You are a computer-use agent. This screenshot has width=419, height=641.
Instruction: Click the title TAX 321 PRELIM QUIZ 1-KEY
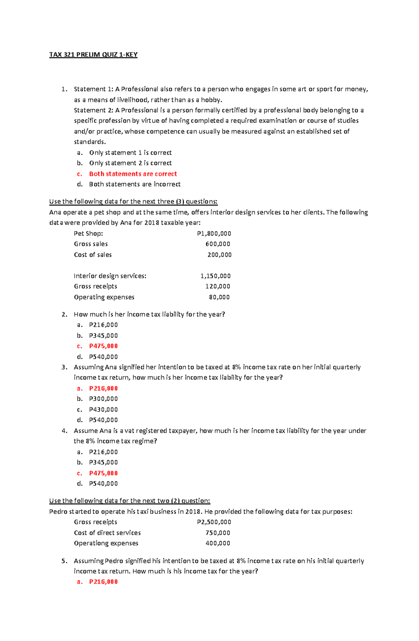[x=93, y=54]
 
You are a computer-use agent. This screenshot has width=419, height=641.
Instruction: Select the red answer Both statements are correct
[x=133, y=174]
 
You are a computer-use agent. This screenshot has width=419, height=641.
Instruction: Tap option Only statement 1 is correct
[x=130, y=153]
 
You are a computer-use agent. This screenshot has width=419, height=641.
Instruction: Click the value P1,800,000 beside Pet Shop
[x=214, y=233]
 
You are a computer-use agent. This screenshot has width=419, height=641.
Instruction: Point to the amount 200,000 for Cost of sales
[x=219, y=255]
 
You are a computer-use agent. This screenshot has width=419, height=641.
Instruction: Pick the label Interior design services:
[x=110, y=276]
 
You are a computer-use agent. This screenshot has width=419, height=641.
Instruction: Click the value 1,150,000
[x=215, y=276]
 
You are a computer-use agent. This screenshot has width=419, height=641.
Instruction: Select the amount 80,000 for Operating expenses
[x=219, y=297]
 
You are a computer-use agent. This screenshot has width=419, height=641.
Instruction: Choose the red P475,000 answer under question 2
[x=103, y=346]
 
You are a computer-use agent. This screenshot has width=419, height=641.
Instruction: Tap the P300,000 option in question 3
[x=103, y=399]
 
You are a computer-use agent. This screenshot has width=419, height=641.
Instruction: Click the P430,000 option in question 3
[x=103, y=409]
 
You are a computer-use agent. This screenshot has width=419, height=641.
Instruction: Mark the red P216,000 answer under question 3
[x=103, y=388]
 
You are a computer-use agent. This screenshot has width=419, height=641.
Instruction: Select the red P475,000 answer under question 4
[x=103, y=473]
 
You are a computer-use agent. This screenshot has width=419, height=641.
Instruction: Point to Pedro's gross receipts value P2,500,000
[x=214, y=522]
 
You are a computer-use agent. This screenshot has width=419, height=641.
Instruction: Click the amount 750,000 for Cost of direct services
[x=218, y=533]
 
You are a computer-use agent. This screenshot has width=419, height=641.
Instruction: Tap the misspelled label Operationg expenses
[x=106, y=543]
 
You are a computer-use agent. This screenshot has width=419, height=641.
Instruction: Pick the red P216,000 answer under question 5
[x=103, y=582]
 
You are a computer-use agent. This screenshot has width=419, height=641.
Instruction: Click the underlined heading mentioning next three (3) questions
[x=133, y=202]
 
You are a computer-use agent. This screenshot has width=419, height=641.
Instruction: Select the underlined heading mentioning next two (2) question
[x=130, y=501]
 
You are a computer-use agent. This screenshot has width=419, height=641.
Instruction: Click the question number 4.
[x=64, y=431]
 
